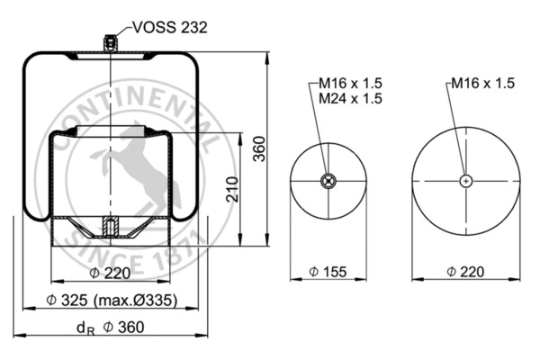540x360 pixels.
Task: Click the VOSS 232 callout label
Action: pos(170,27)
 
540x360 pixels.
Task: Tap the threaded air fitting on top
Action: pos(110,43)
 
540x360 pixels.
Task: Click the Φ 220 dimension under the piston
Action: pos(110,274)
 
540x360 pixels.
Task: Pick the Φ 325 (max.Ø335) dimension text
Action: pos(112,301)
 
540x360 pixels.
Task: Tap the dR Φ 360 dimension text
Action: pos(110,328)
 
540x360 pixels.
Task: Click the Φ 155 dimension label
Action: pos(328,272)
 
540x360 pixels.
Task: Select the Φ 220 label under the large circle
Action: pos(465,272)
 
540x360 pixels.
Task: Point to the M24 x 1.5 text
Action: pos(350,98)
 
